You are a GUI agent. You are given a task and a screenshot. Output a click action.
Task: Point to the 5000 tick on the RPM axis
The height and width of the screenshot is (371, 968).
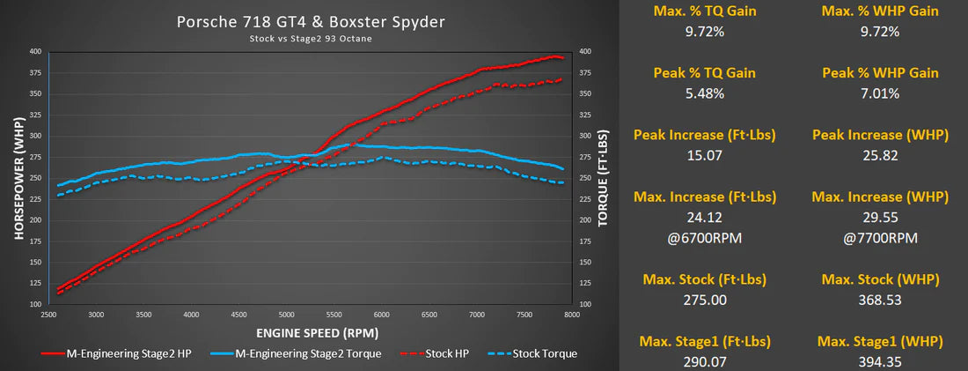tap(286, 314)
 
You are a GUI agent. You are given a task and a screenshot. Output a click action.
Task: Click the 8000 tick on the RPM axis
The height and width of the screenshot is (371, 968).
tap(571, 314)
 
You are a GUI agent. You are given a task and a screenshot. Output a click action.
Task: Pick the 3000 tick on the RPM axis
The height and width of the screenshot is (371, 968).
tap(96, 314)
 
